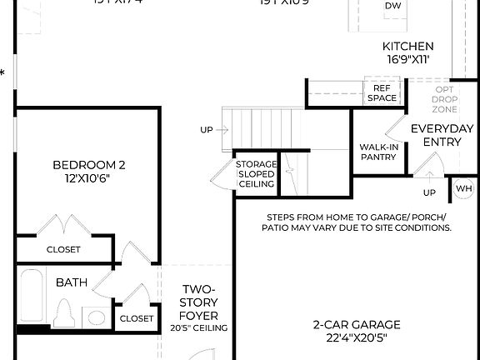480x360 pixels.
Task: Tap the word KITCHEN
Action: click(x=407, y=46)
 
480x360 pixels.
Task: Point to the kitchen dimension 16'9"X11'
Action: click(x=407, y=61)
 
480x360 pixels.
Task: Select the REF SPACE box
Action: click(x=382, y=92)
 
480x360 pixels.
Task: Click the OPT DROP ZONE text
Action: click(x=444, y=99)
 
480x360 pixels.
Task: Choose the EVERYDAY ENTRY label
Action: click(x=442, y=135)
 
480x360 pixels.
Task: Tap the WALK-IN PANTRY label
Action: click(x=378, y=152)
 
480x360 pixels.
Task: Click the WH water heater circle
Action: click(x=464, y=189)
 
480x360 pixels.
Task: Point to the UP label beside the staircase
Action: click(x=207, y=129)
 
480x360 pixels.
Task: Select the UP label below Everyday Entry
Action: click(x=429, y=192)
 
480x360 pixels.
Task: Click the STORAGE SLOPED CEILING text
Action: click(x=256, y=174)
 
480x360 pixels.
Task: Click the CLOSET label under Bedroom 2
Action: click(x=63, y=249)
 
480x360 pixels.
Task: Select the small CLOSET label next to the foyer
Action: click(x=137, y=318)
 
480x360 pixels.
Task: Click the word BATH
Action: click(x=72, y=282)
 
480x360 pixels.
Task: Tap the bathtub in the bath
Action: click(x=32, y=300)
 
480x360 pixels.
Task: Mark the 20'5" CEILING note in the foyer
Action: click(x=199, y=328)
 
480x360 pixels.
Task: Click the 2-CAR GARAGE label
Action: click(x=357, y=324)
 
